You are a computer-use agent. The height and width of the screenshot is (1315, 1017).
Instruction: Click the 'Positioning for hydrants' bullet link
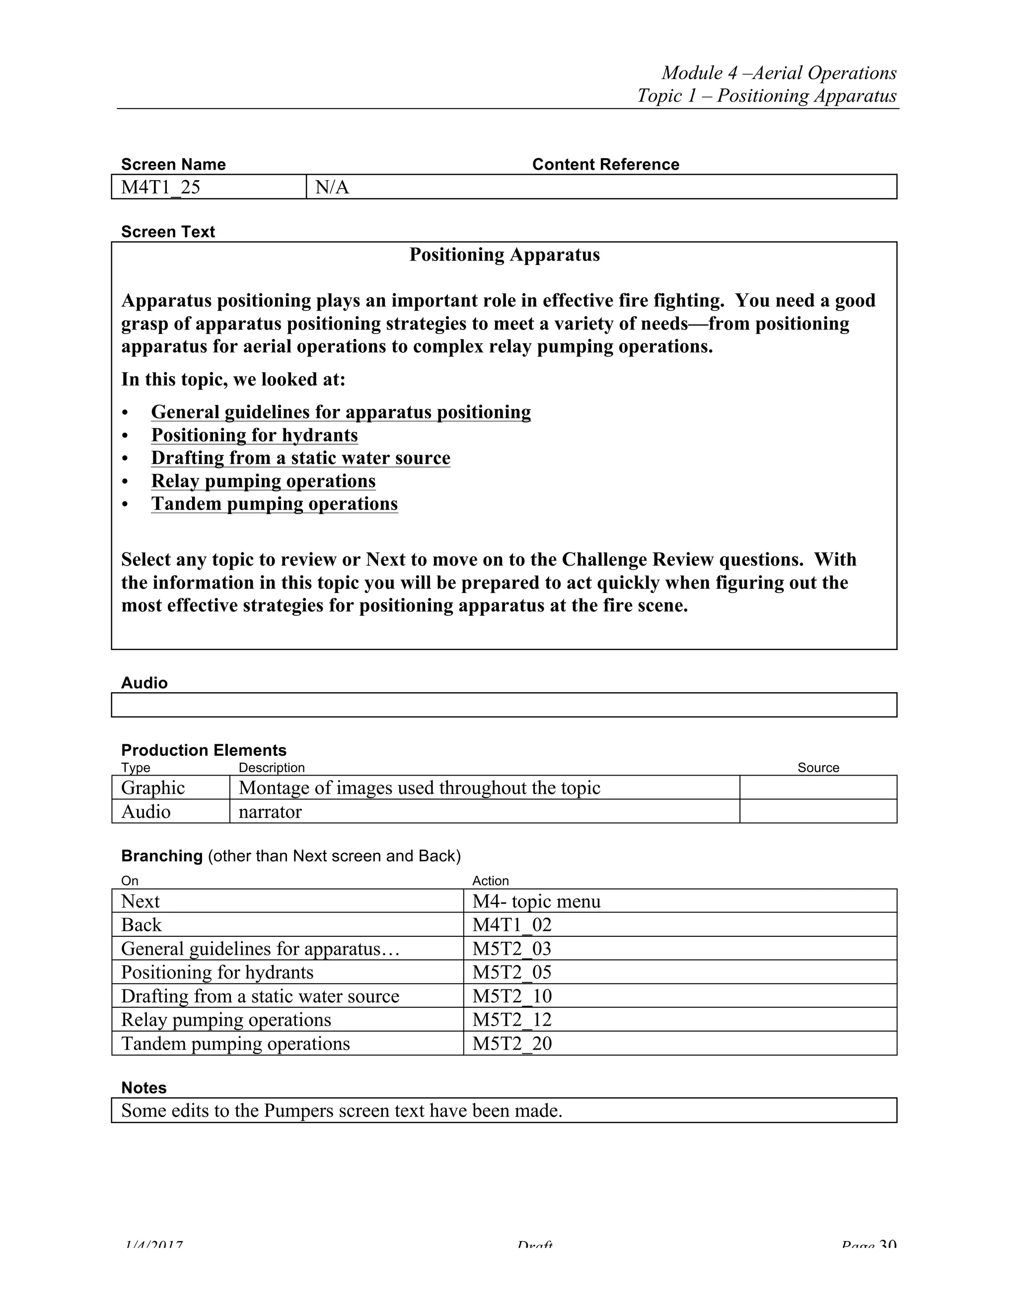(x=254, y=435)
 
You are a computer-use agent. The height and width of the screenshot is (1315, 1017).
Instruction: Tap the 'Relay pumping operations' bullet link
(x=263, y=481)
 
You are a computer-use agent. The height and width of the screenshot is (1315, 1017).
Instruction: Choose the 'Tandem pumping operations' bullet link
(x=274, y=504)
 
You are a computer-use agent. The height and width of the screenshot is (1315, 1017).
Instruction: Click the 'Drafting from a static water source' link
(x=300, y=458)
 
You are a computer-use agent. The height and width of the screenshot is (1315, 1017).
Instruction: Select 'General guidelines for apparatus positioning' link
(x=341, y=412)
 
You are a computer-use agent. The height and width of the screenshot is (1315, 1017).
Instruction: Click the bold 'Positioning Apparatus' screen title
(x=505, y=255)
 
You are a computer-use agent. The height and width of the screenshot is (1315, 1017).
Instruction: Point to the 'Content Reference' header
(x=605, y=164)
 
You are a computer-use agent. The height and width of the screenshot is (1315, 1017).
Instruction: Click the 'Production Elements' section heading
(x=204, y=750)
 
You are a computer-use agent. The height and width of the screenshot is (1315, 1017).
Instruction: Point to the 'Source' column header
(x=817, y=768)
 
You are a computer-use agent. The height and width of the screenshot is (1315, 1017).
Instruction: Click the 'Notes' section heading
(x=144, y=1088)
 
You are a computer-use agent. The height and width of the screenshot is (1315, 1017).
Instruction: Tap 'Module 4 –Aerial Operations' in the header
(x=779, y=73)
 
